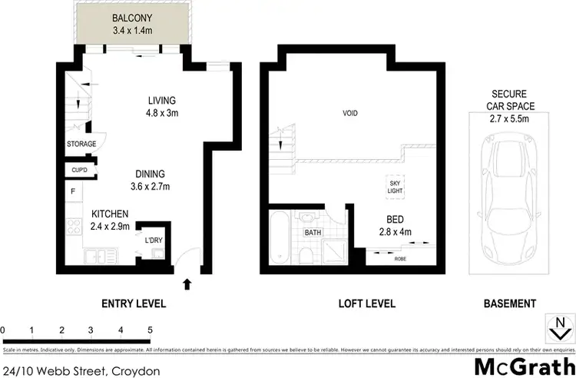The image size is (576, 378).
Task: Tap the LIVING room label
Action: (x=162, y=101)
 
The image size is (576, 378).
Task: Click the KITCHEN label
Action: (x=110, y=214)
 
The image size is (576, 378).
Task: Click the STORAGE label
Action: (x=81, y=144)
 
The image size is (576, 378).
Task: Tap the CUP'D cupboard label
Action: (x=78, y=170)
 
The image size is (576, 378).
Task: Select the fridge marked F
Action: (x=73, y=191)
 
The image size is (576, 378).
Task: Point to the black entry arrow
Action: (x=187, y=284)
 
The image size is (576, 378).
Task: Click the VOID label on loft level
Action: (x=349, y=114)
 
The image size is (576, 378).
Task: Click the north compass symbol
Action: (x=559, y=327)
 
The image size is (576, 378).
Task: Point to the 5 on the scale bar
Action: (x=150, y=330)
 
